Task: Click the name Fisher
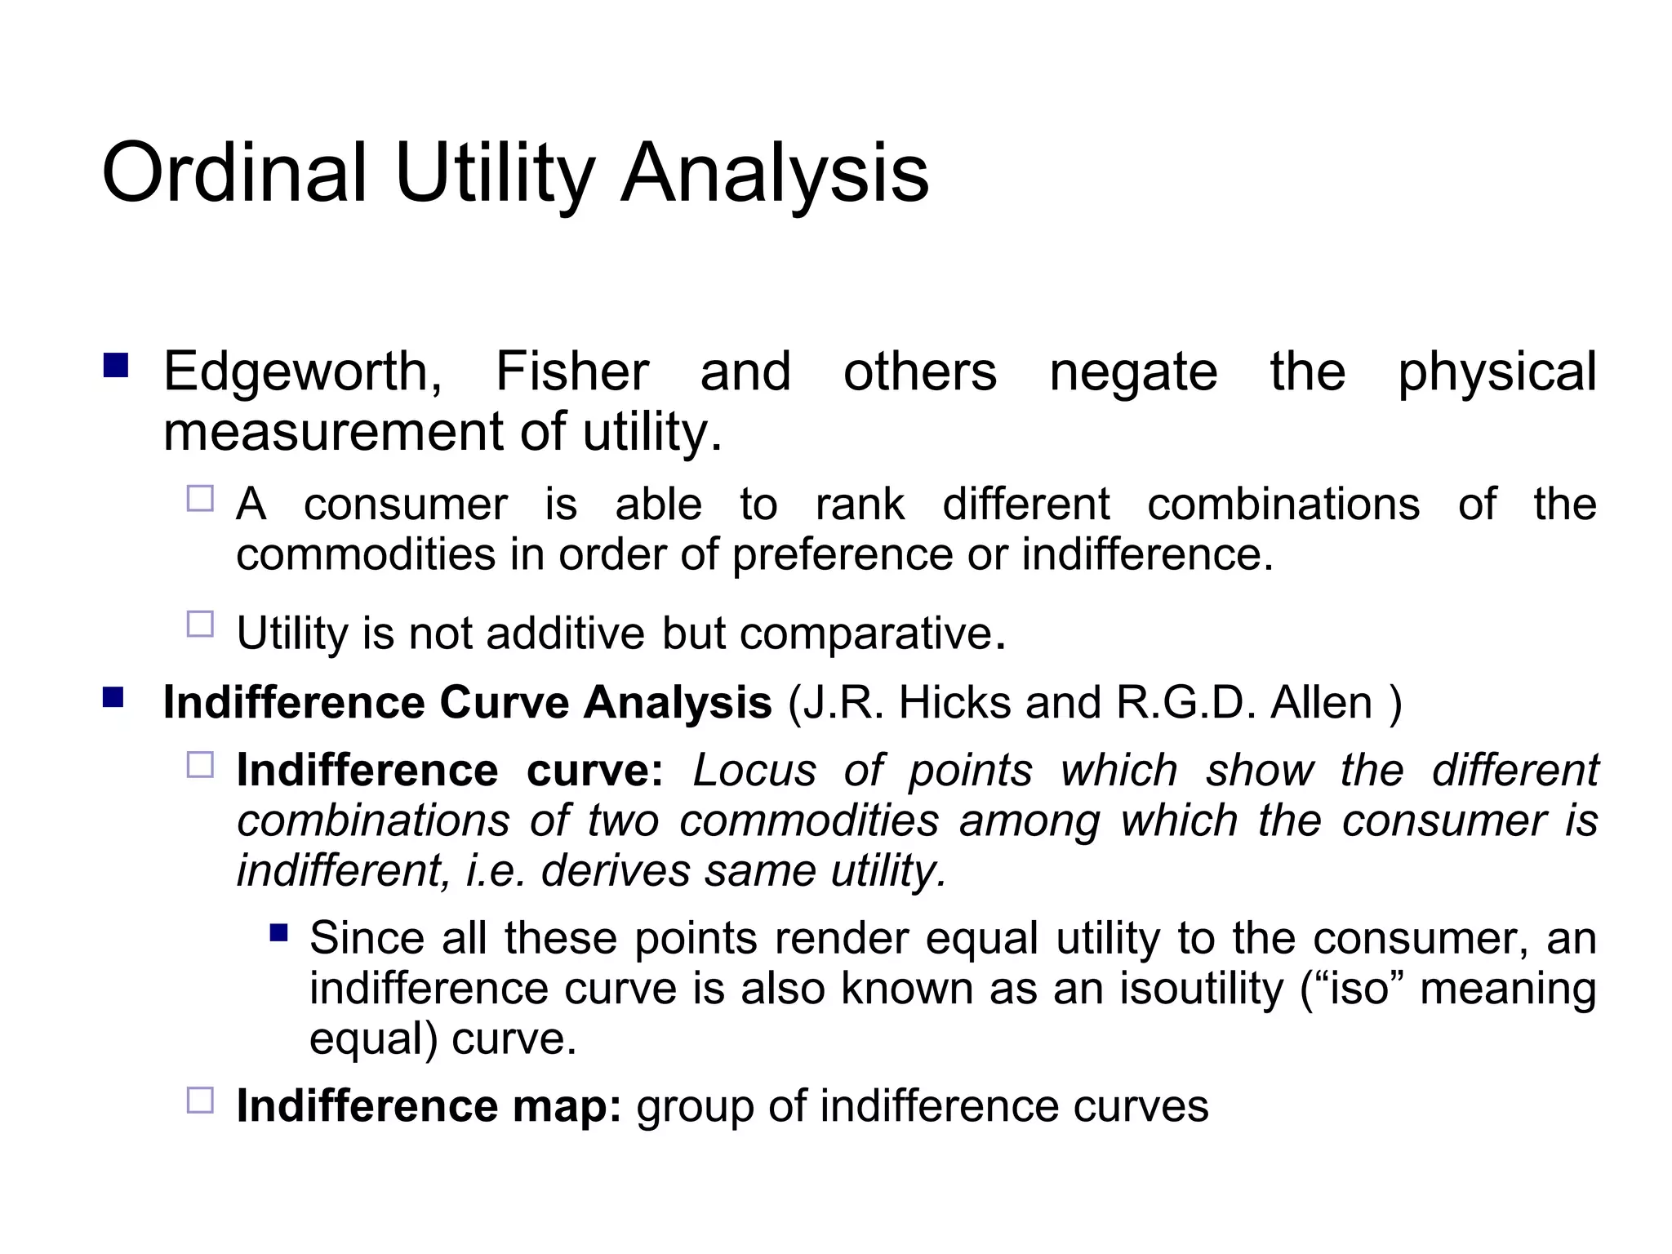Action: point(572,371)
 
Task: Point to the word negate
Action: point(1133,373)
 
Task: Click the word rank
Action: point(860,504)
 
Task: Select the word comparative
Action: point(865,634)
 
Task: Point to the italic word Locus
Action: point(754,770)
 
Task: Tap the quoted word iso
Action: point(1358,988)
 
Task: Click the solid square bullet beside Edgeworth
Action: point(116,365)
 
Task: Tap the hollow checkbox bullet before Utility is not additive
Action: point(200,625)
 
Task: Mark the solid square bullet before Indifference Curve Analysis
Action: point(113,697)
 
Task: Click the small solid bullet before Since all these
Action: point(278,932)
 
